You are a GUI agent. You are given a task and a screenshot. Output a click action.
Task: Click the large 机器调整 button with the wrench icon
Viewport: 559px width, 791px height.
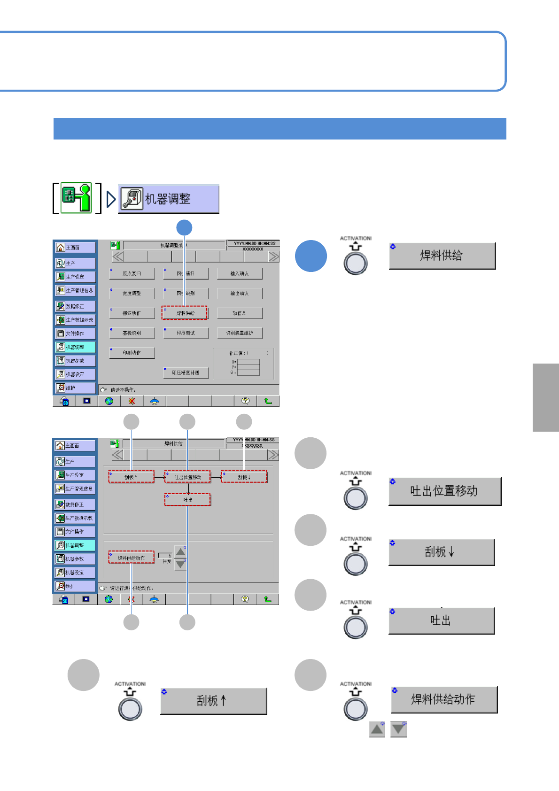(x=169, y=199)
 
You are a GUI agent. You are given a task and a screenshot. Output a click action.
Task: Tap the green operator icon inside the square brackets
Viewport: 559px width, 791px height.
(x=77, y=198)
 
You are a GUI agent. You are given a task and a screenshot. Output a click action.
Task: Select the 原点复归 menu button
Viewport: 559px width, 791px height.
(x=132, y=273)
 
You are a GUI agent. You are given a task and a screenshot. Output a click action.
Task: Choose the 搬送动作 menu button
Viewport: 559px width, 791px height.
(x=132, y=313)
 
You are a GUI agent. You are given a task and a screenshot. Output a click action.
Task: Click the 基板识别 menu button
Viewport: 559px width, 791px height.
(x=132, y=333)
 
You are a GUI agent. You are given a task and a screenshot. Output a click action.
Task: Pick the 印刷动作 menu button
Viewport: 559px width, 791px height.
(x=132, y=353)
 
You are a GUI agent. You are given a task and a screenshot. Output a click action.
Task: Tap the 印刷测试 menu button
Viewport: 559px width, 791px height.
(x=186, y=333)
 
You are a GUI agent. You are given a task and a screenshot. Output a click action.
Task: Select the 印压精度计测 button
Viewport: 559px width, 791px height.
(x=186, y=372)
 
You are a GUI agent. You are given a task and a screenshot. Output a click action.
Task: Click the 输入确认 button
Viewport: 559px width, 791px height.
(x=240, y=273)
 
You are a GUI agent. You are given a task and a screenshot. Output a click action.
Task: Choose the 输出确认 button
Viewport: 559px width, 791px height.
(x=240, y=293)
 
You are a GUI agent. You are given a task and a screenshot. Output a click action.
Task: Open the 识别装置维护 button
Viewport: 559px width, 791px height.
(x=240, y=333)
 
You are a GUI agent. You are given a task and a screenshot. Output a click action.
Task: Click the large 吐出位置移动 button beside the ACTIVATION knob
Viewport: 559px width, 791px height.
(x=444, y=491)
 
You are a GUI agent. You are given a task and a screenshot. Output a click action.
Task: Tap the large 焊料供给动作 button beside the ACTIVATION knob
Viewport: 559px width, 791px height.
(x=444, y=699)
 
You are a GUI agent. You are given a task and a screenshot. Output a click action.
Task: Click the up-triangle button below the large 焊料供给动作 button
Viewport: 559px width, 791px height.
(x=377, y=729)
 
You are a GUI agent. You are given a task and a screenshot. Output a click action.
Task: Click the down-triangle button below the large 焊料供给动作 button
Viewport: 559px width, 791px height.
(x=398, y=729)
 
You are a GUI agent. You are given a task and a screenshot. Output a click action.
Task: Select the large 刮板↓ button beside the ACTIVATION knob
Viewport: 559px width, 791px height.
(x=442, y=552)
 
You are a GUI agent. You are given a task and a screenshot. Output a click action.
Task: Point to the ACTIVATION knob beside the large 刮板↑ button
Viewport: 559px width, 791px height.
(x=130, y=708)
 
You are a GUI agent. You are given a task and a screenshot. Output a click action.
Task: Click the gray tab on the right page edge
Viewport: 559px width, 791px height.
(x=546, y=397)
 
